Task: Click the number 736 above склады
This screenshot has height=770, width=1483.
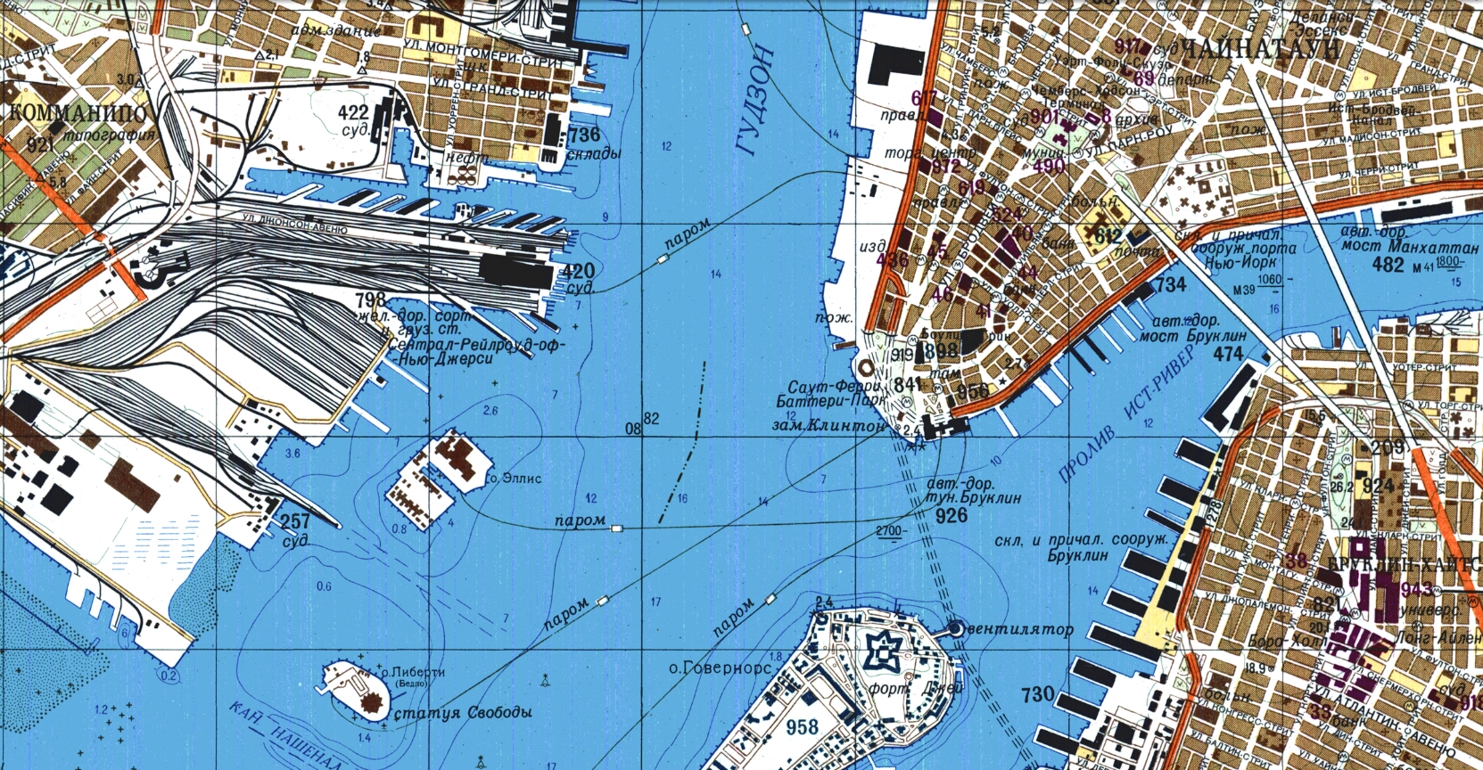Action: coord(583,135)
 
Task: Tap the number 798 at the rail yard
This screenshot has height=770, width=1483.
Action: coord(370,299)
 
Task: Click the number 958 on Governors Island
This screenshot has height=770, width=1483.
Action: coord(803,727)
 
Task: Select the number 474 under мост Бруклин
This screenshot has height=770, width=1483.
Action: coord(1228,354)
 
